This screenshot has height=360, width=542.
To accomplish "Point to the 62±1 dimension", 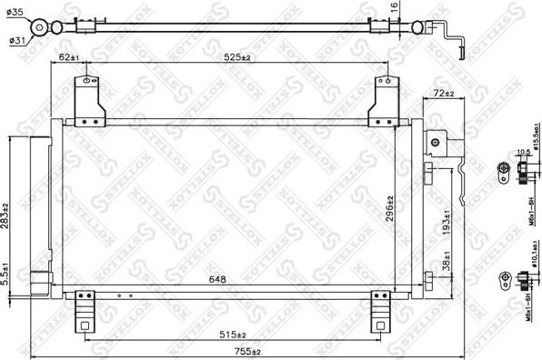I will click(69, 56).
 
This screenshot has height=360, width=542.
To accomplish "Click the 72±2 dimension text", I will click(444, 93).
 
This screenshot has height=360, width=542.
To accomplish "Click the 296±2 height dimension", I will click(389, 209).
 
